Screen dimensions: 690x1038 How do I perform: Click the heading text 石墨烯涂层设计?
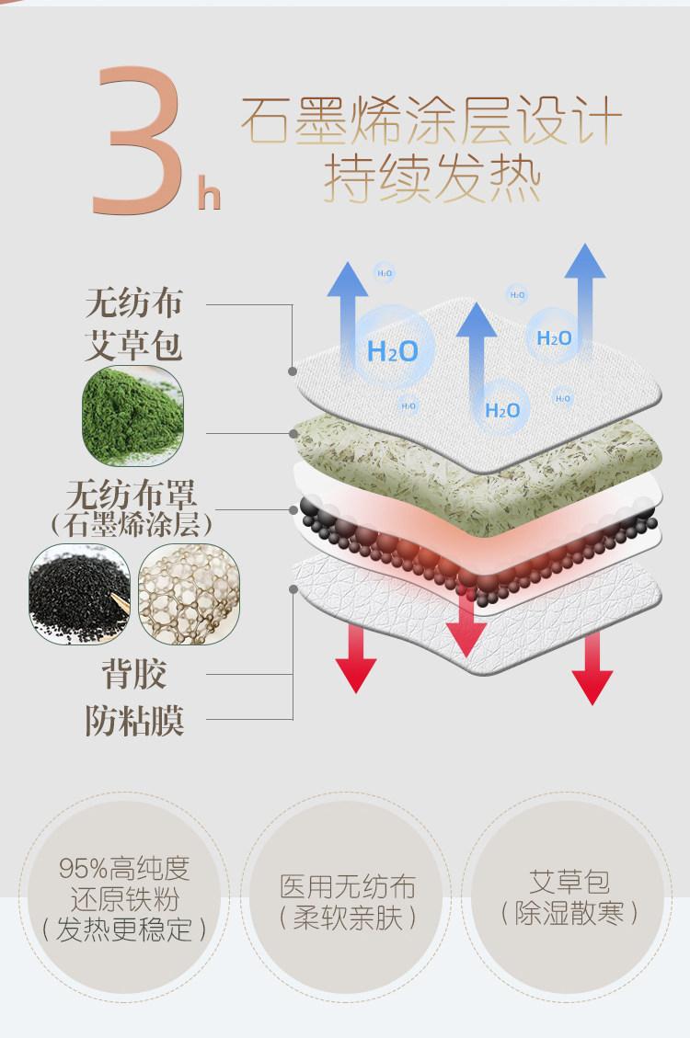(431, 121)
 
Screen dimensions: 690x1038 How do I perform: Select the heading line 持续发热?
(431, 179)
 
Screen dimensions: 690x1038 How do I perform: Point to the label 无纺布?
(134, 302)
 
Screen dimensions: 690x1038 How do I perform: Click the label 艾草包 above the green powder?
(134, 347)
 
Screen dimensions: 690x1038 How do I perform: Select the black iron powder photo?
(79, 593)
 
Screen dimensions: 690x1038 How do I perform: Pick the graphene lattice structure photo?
(189, 593)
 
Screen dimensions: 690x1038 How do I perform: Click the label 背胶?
(133, 675)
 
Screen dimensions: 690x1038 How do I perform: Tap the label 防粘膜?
(134, 721)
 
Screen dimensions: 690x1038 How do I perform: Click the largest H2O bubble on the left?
(393, 348)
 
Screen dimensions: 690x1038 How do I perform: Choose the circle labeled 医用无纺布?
(348, 899)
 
